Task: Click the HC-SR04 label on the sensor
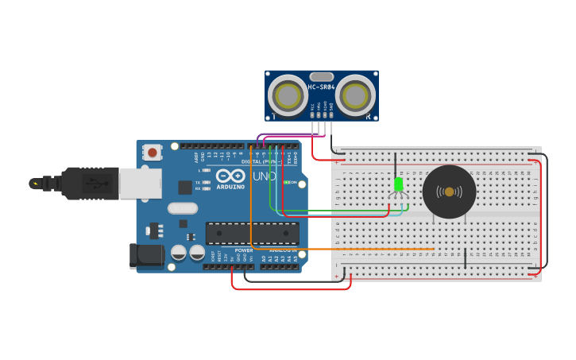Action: pos(322,87)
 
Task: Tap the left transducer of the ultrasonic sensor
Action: pos(287,95)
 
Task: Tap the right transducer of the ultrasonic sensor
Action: pos(355,95)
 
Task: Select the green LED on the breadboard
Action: pos(399,184)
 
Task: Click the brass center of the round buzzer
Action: pos(449,192)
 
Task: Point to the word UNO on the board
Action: pos(263,176)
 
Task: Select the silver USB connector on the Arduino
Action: pos(140,183)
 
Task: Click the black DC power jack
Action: pos(146,256)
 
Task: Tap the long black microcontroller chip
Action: pos(253,233)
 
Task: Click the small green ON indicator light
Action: pos(286,182)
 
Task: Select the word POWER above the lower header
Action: pos(244,250)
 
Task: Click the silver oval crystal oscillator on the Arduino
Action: pos(182,208)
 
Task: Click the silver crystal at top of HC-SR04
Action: pos(322,75)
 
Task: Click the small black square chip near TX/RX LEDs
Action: pos(185,187)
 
